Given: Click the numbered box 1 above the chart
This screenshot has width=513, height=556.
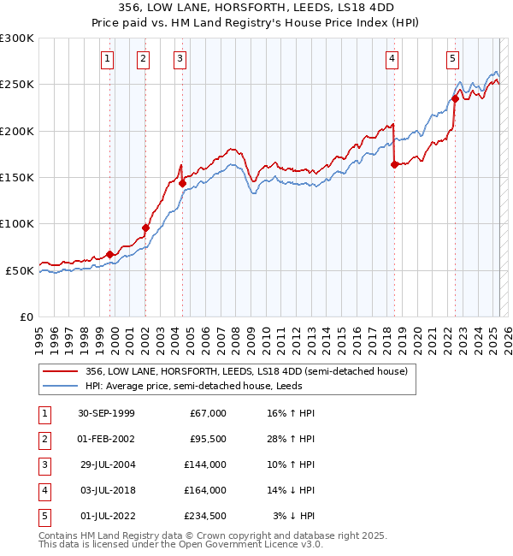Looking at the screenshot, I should click(x=107, y=59).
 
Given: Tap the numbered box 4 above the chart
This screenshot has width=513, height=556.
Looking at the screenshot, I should click(x=391, y=59).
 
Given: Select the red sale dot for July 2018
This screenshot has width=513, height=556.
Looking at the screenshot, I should click(x=394, y=165).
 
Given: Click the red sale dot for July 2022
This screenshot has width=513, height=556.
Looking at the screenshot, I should click(x=455, y=98).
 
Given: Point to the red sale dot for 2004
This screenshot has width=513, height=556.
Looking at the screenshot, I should click(x=182, y=183).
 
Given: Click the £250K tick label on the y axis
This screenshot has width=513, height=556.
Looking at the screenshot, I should click(x=17, y=85).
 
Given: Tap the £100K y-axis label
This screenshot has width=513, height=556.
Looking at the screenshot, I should click(x=17, y=223).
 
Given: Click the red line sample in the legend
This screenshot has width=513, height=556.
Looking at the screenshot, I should click(x=61, y=371).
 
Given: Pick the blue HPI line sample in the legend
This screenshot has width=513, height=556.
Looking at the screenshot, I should click(x=61, y=386).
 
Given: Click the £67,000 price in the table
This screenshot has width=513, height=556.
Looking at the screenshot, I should click(x=209, y=413).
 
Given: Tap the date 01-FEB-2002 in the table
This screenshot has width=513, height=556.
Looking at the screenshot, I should click(x=106, y=439).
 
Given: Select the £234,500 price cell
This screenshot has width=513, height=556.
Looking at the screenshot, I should click(x=206, y=516).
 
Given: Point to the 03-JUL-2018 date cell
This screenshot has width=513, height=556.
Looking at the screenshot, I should click(x=106, y=490).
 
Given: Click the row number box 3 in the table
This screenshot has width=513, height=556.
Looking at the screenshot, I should click(x=44, y=464).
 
